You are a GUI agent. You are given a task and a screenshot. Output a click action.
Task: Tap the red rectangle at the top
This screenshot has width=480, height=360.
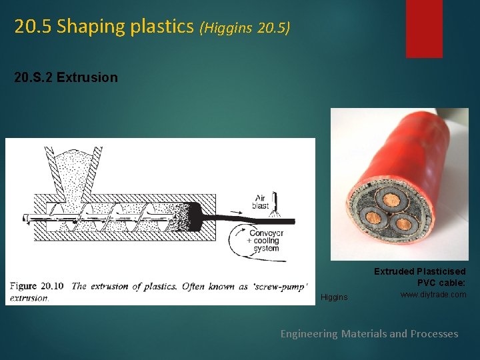[424, 28]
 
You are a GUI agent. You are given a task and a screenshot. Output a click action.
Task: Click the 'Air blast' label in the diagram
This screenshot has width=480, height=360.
[260, 201]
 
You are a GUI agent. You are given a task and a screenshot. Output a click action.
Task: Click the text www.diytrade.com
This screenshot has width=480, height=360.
[433, 295]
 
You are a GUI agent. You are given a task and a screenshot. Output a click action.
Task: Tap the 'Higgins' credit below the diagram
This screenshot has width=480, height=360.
[334, 297]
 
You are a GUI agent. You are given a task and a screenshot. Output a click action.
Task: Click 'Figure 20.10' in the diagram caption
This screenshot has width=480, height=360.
[37, 286]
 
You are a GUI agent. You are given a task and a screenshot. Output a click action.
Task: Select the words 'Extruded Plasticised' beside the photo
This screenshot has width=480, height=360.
[419, 271]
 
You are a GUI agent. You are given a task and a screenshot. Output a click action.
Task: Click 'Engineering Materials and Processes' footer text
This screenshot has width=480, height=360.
[369, 333]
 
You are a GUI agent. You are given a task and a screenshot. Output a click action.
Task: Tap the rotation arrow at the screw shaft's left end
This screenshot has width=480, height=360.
[25, 217]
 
